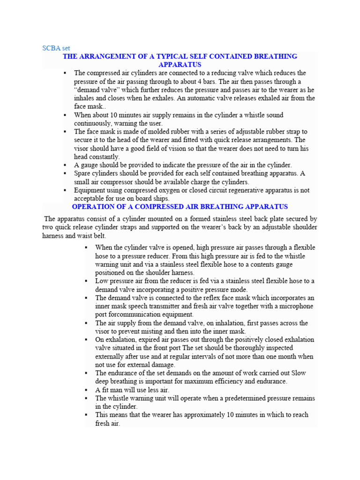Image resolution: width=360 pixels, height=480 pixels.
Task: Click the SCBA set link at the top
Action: click(x=56, y=48)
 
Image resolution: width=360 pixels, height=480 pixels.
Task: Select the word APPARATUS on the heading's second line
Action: click(x=180, y=65)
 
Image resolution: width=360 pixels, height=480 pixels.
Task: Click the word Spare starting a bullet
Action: click(x=82, y=173)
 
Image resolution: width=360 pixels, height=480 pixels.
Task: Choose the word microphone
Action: click(x=296, y=306)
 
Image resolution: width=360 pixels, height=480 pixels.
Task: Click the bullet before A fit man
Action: click(x=87, y=390)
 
